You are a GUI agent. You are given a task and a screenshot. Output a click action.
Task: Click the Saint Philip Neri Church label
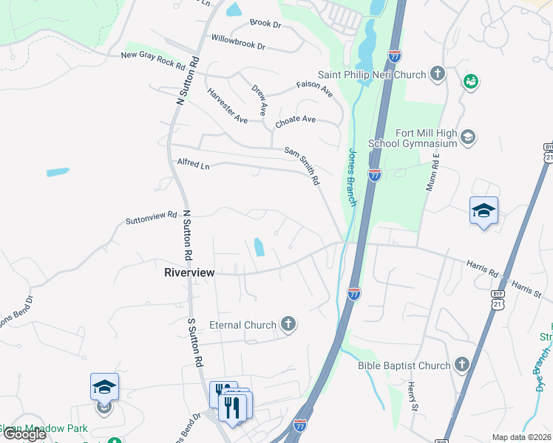click(x=372, y=75)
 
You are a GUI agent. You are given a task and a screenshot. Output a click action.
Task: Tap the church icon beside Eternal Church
click(x=288, y=324)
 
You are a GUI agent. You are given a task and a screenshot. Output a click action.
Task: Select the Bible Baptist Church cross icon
click(x=461, y=365)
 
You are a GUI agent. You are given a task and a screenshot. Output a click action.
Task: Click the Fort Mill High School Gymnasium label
click(x=427, y=138)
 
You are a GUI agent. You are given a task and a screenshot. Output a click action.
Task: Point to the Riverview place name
click(x=189, y=272)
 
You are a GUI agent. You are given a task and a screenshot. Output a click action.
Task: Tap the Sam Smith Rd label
click(x=302, y=165)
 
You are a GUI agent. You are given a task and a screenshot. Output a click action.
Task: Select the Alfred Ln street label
click(x=194, y=165)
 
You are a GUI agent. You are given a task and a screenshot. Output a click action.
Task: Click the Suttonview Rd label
click(x=152, y=217)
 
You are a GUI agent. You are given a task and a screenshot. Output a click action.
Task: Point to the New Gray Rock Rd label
click(x=153, y=59)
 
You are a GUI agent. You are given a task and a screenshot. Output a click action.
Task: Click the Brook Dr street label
click(x=266, y=24)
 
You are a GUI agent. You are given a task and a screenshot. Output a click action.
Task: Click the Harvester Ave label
click(x=227, y=106)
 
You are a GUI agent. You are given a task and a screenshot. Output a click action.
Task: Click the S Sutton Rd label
click(x=194, y=343)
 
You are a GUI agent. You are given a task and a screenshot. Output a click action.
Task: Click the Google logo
click(x=24, y=434)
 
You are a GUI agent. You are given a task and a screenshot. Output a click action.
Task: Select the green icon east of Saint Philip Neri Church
click(x=470, y=81)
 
